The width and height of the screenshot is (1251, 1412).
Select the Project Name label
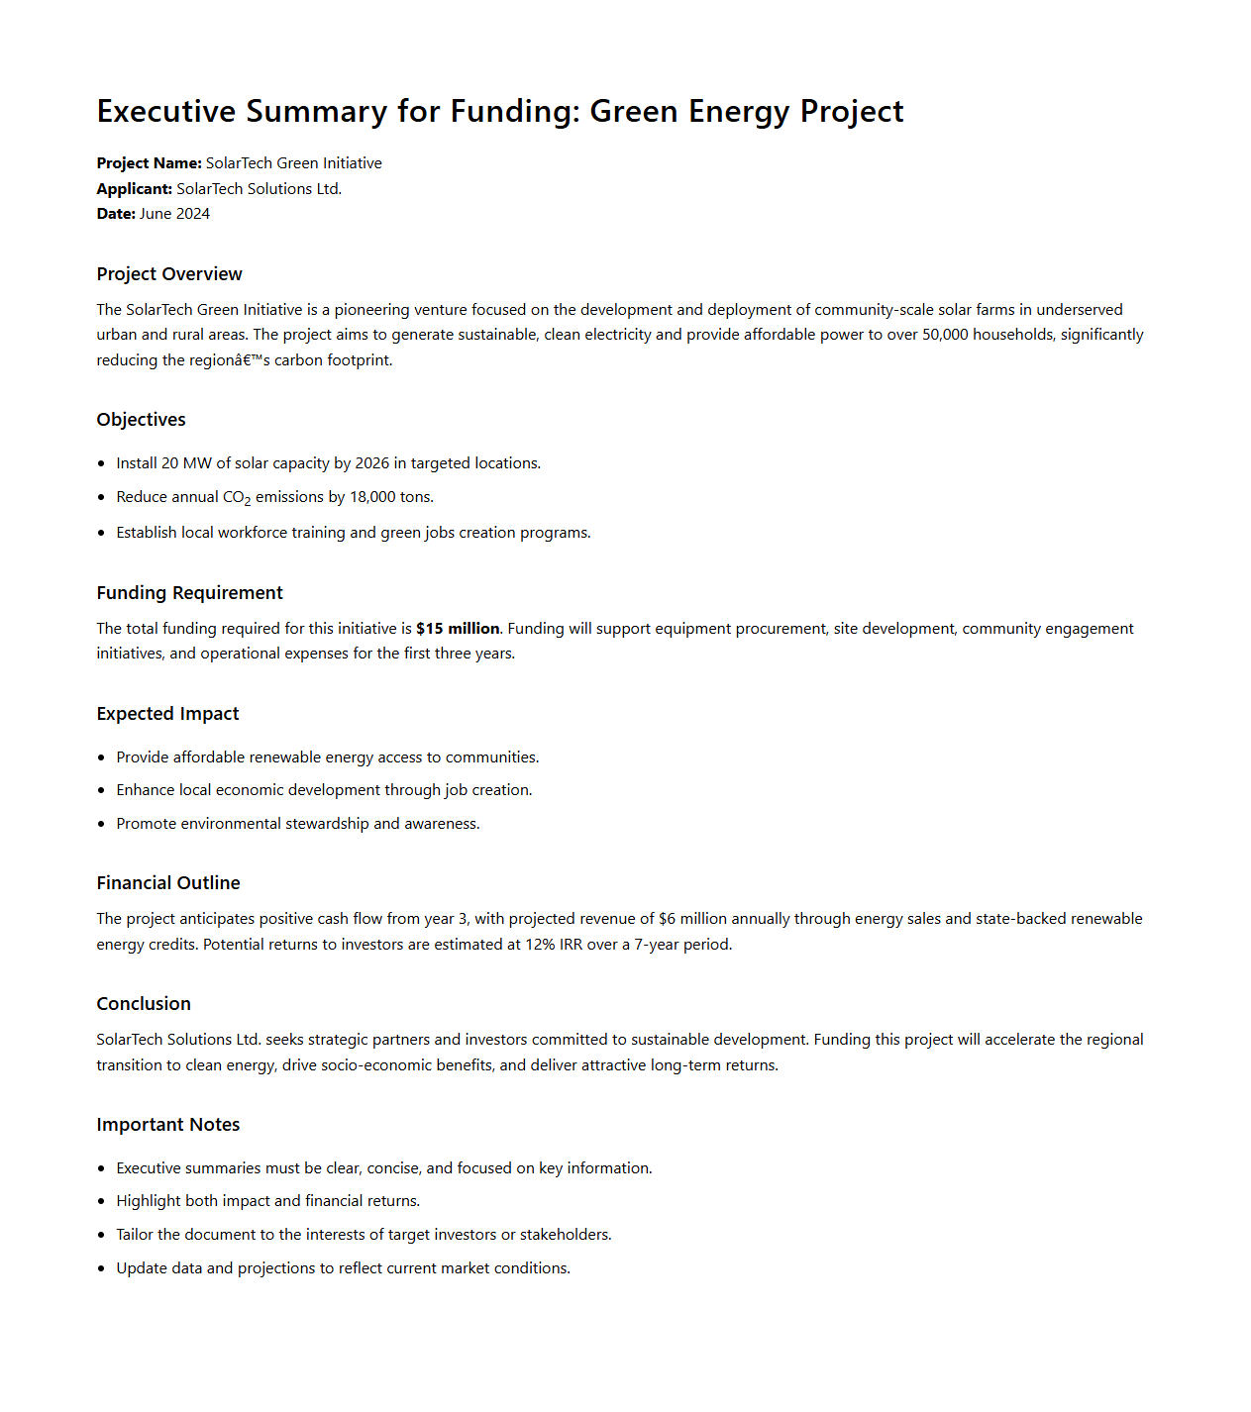click(149, 163)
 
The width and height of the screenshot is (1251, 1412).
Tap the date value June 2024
click(174, 214)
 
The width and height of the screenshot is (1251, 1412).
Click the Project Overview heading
click(169, 274)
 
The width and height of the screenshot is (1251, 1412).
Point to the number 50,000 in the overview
click(945, 335)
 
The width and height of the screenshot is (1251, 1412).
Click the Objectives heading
click(141, 420)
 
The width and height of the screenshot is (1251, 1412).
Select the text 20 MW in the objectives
click(186, 463)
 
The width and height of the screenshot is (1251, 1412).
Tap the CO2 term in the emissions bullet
click(237, 498)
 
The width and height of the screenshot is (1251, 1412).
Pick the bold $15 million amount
click(458, 629)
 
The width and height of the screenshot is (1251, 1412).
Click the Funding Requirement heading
click(189, 593)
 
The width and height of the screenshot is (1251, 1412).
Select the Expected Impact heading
click(167, 714)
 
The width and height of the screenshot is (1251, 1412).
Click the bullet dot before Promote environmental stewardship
click(101, 824)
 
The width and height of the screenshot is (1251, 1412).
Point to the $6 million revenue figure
click(691, 919)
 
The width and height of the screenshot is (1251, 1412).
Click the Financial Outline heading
click(168, 883)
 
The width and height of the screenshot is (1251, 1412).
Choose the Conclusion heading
click(144, 1004)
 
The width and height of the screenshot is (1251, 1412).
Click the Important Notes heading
click(168, 1125)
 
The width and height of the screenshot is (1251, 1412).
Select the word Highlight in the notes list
click(149, 1201)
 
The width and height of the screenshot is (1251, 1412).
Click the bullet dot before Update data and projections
click(101, 1268)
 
